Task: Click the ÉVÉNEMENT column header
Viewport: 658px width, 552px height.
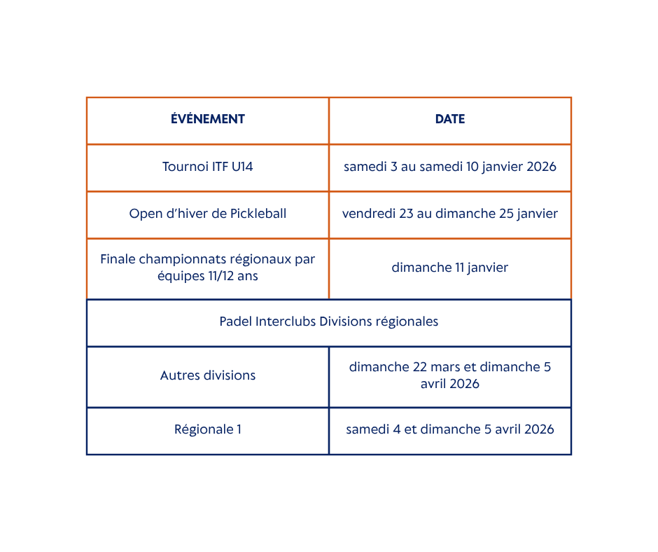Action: click(208, 119)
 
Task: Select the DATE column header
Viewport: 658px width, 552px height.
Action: click(450, 119)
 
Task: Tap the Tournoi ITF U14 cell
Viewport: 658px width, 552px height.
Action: click(208, 167)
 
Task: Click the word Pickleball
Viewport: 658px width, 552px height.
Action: click(258, 214)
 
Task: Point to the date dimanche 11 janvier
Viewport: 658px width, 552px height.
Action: click(450, 268)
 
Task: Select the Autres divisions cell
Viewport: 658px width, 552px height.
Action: click(208, 375)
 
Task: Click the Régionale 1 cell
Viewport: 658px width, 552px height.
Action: click(208, 429)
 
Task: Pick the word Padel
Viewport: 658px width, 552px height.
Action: click(235, 322)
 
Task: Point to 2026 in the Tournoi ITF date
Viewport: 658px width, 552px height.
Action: click(541, 167)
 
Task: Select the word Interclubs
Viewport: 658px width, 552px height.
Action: click(286, 322)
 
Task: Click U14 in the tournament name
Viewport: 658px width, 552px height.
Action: click(242, 167)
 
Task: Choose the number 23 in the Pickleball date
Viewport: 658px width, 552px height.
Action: click(406, 214)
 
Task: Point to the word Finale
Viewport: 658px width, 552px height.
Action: click(118, 259)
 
